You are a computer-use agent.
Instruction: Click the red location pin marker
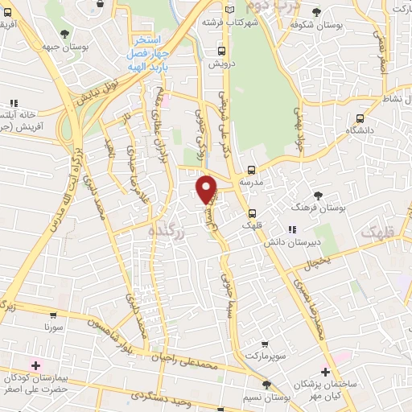[207, 189]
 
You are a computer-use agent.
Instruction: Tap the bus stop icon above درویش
[220, 50]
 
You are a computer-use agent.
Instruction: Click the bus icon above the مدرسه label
[252, 170]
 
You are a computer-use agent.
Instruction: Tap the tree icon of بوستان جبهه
[65, 33]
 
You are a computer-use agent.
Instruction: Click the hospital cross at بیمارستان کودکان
[35, 365]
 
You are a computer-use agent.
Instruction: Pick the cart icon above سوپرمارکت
[265, 341]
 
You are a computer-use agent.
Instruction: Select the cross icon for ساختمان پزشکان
[324, 372]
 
